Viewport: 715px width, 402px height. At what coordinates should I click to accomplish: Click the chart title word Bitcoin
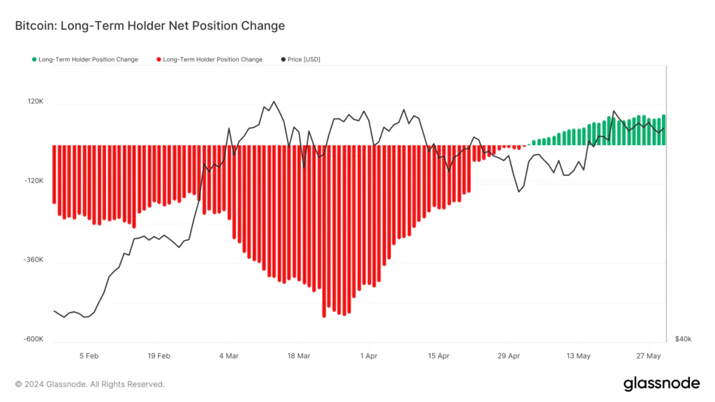36,26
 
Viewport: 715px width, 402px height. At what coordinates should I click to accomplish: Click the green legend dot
34,59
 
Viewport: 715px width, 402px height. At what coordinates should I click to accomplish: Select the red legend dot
159,59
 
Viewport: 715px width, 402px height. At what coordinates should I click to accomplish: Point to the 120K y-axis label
36,102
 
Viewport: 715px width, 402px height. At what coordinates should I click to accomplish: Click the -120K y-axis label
34,181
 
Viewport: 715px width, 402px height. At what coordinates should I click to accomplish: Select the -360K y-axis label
34,260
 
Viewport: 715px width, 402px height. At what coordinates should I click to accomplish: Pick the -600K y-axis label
34,340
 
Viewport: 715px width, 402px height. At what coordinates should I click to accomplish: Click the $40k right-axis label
683,340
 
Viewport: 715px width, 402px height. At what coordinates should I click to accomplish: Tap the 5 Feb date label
89,356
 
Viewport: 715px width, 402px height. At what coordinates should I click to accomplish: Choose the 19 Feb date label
159,356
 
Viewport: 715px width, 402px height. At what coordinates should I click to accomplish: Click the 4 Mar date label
229,356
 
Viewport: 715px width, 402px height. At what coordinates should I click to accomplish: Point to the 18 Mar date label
299,356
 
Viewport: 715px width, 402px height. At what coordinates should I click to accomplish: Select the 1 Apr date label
369,356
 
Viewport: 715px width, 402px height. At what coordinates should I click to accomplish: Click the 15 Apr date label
438,356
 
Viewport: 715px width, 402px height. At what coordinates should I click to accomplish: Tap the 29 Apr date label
509,356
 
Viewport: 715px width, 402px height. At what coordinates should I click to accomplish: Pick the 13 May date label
579,356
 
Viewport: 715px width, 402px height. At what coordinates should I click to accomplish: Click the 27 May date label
649,356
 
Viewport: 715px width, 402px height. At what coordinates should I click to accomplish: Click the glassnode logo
661,383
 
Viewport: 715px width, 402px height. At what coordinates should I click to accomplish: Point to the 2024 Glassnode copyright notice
89,384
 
